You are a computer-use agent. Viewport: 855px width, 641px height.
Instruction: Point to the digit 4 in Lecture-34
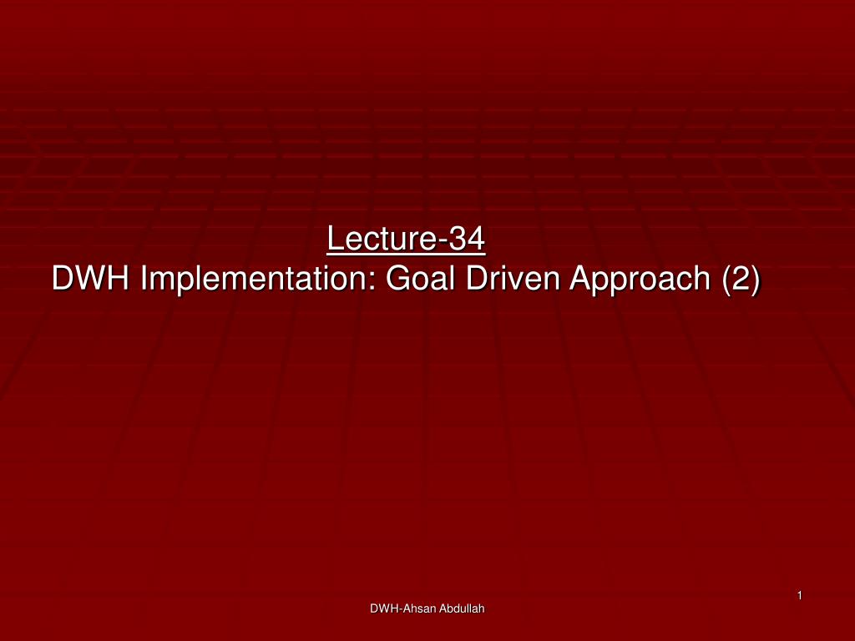(x=476, y=238)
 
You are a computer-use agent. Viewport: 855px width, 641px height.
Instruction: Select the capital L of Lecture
(x=335, y=238)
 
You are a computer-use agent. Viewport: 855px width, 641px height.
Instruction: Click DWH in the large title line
(x=90, y=278)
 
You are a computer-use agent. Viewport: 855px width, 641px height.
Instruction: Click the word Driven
(x=513, y=278)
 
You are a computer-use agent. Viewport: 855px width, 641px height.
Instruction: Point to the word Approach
(x=640, y=280)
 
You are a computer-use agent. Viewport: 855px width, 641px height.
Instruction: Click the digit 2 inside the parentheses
(x=741, y=278)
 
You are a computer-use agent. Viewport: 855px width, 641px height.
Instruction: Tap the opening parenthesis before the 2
(x=727, y=280)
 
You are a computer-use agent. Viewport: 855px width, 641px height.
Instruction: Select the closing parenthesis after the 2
(x=755, y=280)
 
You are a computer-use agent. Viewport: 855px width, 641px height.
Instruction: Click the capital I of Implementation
(x=144, y=278)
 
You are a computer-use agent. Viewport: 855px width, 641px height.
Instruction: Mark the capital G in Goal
(x=397, y=278)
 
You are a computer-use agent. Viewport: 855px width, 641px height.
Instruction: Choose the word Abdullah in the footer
(x=462, y=608)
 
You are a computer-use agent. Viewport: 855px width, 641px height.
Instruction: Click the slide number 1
(x=799, y=595)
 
